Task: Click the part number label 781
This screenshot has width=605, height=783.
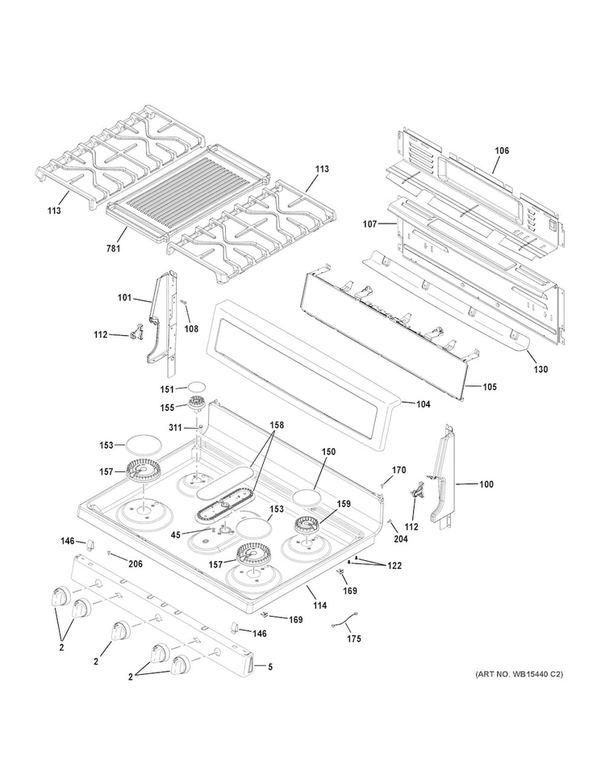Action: click(x=113, y=248)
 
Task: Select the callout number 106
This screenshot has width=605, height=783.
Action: click(x=502, y=151)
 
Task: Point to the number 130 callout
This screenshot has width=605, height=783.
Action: click(x=540, y=370)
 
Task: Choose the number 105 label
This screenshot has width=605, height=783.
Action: click(x=489, y=387)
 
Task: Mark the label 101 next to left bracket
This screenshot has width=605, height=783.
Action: click(x=123, y=298)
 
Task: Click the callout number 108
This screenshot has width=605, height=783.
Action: click(x=191, y=329)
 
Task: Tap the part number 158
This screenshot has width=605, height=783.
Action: click(x=276, y=425)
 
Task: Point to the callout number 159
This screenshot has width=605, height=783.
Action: click(x=344, y=504)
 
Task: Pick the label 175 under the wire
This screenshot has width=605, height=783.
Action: click(x=354, y=639)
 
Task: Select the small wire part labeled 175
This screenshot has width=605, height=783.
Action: click(x=344, y=622)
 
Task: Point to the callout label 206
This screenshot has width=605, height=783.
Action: click(x=136, y=563)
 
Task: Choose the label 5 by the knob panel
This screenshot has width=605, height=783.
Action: click(x=270, y=667)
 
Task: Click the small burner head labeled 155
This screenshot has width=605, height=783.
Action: click(x=198, y=405)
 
